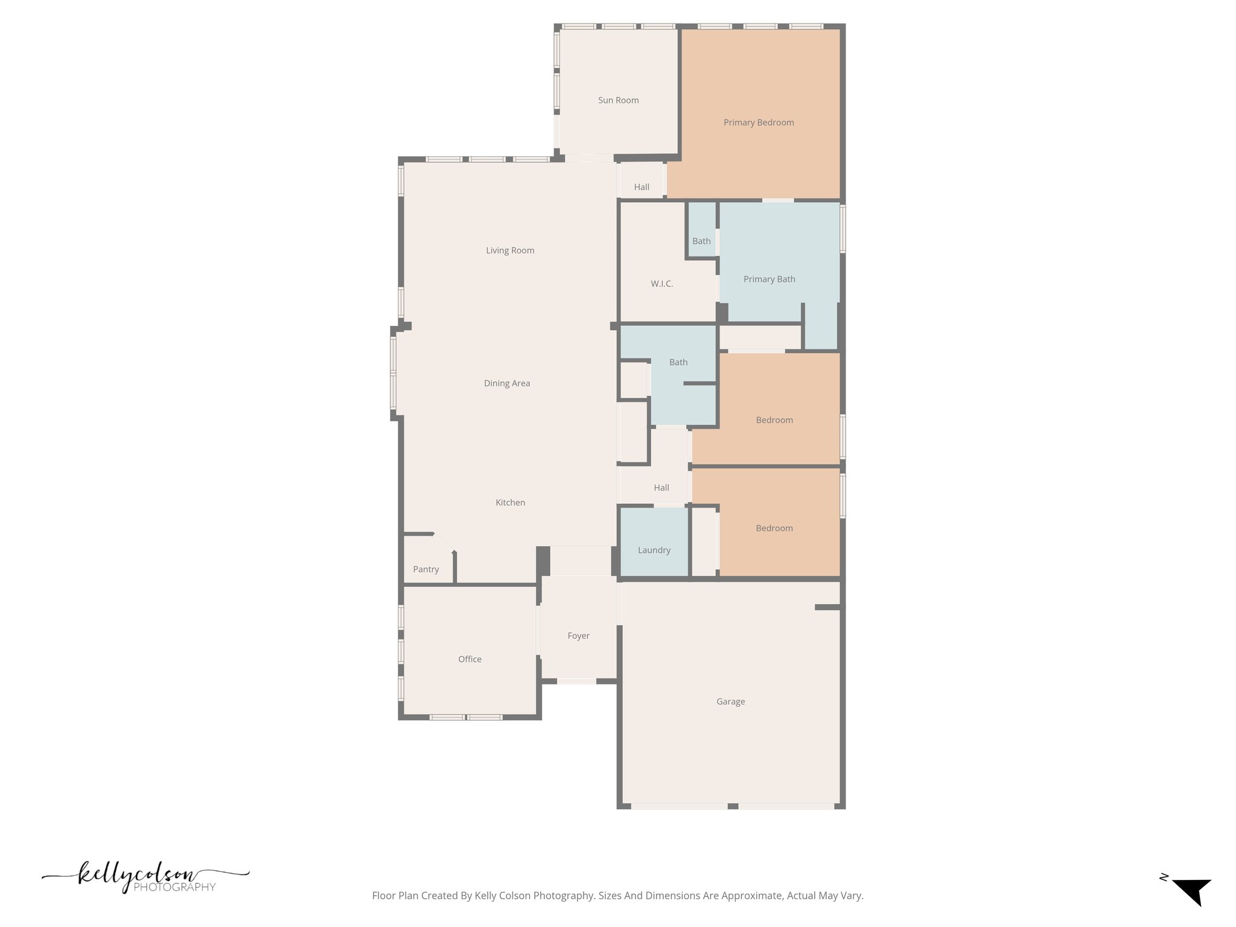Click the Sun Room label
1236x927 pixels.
point(618,100)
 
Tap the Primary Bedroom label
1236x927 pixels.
point(759,123)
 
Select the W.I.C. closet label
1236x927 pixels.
point(661,284)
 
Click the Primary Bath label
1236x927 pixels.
point(769,279)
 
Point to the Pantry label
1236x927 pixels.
point(425,569)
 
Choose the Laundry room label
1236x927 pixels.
point(654,550)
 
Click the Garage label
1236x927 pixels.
point(730,701)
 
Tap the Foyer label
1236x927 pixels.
point(578,636)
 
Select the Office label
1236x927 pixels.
point(470,659)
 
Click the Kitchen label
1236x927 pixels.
point(510,502)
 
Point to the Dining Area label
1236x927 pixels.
point(507,383)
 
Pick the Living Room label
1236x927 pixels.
point(510,250)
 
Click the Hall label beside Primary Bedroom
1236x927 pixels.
point(642,187)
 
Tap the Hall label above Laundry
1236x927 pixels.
point(661,488)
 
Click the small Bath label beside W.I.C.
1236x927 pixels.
point(701,241)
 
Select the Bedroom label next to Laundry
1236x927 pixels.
point(774,528)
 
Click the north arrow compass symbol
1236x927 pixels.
point(1191,897)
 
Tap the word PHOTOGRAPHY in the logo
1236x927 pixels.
point(174,887)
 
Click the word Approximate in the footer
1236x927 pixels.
point(753,896)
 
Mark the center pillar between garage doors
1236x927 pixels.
point(733,806)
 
